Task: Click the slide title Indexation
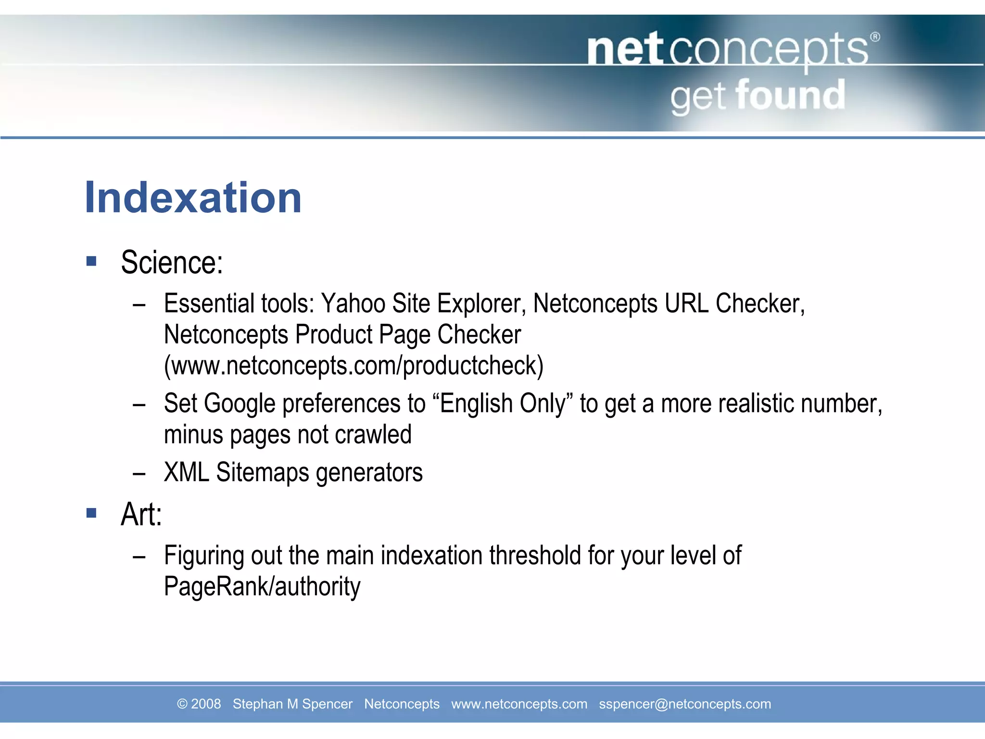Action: pyautogui.click(x=193, y=198)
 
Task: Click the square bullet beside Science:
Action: pyautogui.click(x=91, y=261)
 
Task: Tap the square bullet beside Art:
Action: pyautogui.click(x=91, y=513)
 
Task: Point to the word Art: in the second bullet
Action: pyautogui.click(x=141, y=514)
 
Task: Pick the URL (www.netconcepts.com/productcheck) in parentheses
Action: pyautogui.click(x=354, y=366)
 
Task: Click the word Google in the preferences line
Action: pyautogui.click(x=240, y=404)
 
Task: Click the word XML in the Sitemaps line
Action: pyautogui.click(x=187, y=472)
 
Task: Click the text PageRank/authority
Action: pyautogui.click(x=262, y=586)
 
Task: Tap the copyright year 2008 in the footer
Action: pyautogui.click(x=206, y=704)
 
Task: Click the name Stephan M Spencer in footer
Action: pyautogui.click(x=292, y=704)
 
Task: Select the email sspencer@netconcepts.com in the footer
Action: pyautogui.click(x=684, y=704)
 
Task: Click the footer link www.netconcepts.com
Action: pyautogui.click(x=519, y=704)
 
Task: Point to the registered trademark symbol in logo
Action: pyautogui.click(x=875, y=37)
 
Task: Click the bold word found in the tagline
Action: pyautogui.click(x=790, y=95)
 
